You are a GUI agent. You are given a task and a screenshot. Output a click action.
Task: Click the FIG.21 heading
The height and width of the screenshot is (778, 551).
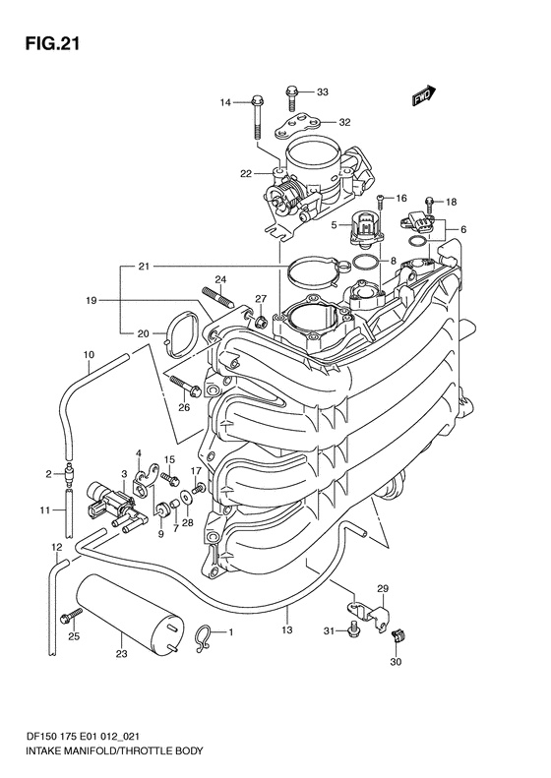pos(52,43)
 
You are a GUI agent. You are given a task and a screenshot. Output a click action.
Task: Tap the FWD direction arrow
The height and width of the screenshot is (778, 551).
pos(423,95)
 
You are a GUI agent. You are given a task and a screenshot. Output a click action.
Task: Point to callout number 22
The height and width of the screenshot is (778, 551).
pos(246,174)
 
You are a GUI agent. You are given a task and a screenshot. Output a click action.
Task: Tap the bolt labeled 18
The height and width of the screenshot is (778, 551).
pos(429,206)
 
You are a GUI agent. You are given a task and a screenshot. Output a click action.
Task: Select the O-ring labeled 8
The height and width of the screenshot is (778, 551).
pos(367,261)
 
